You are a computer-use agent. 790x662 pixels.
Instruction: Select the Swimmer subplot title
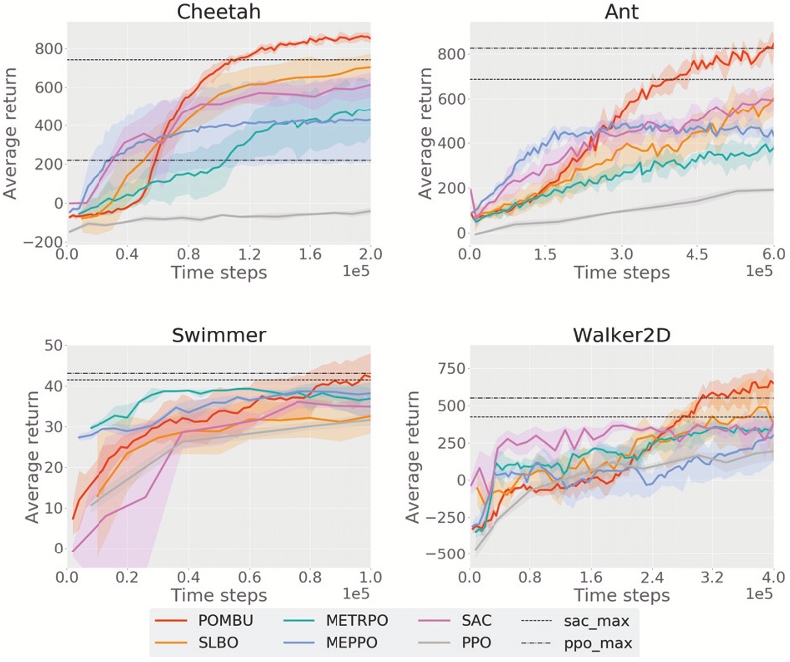pos(218,335)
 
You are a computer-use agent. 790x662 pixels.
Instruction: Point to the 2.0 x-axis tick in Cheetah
pos(370,255)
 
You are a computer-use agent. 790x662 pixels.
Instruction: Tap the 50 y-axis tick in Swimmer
pos(51,345)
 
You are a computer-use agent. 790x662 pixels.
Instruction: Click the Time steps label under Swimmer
pos(218,594)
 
